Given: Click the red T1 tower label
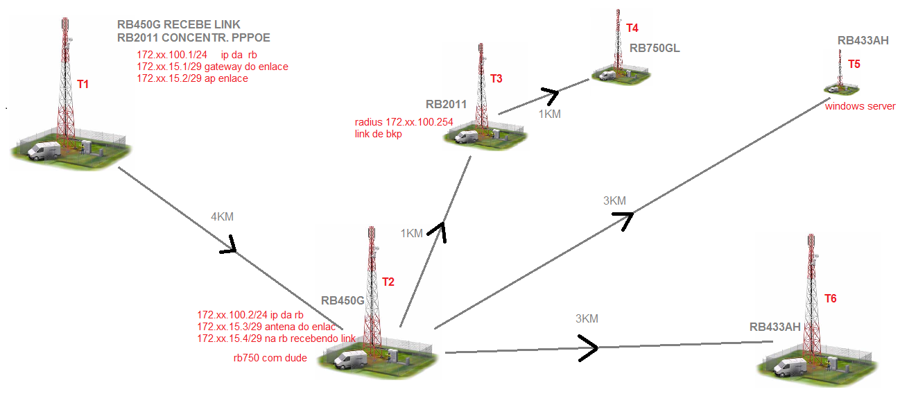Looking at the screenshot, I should coord(83,85).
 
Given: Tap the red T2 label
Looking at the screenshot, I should coord(388,282).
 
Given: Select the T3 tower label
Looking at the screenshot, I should coord(496,79).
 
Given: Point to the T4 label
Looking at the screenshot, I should coord(632,28).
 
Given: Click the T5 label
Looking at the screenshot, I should coord(854,65).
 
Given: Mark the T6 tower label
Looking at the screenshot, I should coord(830,299).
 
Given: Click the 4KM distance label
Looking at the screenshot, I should coord(222,217).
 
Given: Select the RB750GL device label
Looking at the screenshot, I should coord(654,49).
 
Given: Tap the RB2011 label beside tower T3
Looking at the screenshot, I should coord(445,105).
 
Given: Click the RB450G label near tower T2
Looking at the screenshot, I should coord(343,301).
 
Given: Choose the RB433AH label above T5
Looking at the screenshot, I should coord(863,41).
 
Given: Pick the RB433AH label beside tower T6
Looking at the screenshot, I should coord(775,327).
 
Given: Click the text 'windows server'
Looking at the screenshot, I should coord(860,107).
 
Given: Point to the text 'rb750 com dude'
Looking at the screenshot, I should coord(270,359).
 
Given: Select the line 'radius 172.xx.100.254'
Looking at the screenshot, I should coord(404,122).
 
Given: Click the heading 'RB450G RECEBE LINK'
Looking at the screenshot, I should coord(179,25).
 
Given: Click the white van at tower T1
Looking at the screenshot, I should coord(45,150).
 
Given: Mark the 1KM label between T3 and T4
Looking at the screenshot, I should coord(549,114).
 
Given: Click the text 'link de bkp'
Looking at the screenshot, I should coord(378,134).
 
